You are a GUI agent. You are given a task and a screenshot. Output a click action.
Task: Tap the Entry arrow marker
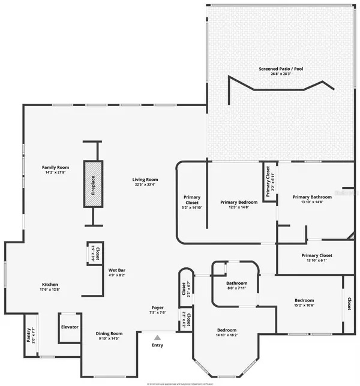tap(157, 337)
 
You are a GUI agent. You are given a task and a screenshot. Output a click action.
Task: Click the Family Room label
tap(55, 167)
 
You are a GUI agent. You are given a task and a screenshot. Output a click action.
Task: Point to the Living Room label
tap(145, 179)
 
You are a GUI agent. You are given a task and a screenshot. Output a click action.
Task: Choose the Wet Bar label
tap(116, 270)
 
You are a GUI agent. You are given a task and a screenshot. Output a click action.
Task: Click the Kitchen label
tap(50, 284)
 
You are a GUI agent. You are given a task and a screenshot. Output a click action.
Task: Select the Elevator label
tap(70, 327)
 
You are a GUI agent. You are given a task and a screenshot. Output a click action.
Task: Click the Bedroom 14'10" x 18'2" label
tap(226, 330)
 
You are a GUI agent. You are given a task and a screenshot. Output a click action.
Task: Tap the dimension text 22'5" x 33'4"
tap(145, 185)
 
